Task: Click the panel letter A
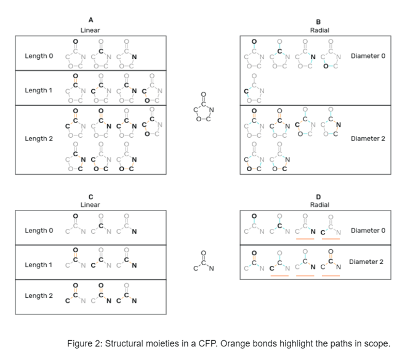(x=90, y=21)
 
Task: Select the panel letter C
(x=90, y=196)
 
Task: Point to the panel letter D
(x=319, y=196)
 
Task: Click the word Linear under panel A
(x=90, y=30)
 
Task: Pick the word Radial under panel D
(x=319, y=204)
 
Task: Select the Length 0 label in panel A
(x=39, y=56)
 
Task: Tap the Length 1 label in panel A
(x=39, y=90)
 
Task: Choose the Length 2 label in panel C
(x=39, y=295)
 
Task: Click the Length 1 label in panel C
(x=39, y=265)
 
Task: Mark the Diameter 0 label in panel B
(x=367, y=56)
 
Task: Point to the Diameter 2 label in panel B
(x=367, y=138)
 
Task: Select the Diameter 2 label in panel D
(x=366, y=262)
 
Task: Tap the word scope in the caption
(x=377, y=344)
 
